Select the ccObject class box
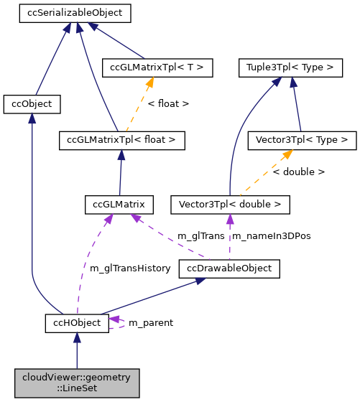31,104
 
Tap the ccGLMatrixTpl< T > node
157,67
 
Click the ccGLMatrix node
119,205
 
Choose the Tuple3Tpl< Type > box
290,67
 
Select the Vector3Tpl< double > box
230,205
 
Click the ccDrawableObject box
229,268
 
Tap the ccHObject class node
76,323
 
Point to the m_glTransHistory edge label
130,268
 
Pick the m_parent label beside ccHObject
150,323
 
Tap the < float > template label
168,104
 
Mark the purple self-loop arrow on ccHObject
119,323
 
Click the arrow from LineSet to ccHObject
76,352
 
